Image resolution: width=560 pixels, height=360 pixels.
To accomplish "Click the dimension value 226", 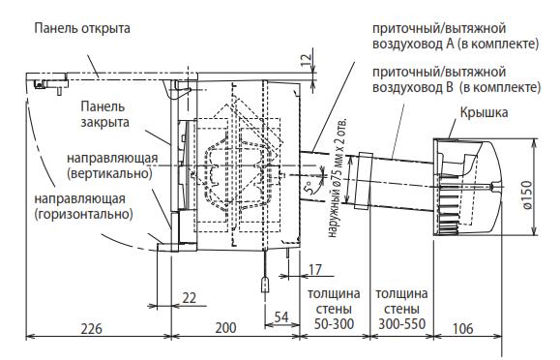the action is click(92, 328).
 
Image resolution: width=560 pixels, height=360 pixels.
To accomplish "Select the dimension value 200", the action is click(225, 328).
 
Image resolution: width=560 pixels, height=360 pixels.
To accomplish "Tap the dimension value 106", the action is click(463, 328).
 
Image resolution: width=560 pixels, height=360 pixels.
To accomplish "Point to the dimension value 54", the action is click(281, 316).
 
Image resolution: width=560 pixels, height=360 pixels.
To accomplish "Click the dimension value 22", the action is click(189, 297).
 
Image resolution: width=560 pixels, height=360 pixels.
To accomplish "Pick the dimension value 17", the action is click(314, 270).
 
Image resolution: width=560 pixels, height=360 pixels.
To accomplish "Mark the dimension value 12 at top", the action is click(306, 60).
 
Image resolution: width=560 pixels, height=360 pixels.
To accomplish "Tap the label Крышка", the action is click(484, 112).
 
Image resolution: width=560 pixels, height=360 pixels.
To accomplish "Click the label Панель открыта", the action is click(82, 28).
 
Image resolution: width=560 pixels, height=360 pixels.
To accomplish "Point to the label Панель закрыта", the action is click(104, 114).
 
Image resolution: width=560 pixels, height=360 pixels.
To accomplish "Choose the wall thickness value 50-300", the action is click(334, 324).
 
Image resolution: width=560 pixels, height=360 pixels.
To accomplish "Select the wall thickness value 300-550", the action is click(401, 324).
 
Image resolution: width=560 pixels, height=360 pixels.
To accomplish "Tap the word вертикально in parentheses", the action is click(109, 174).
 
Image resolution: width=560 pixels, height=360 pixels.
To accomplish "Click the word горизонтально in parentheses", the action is click(83, 215).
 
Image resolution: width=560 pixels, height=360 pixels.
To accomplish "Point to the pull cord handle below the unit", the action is click(265, 285).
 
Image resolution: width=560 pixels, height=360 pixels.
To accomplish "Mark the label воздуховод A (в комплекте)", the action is click(456, 44).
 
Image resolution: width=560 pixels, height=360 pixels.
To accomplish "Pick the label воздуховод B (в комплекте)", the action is click(457, 87).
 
